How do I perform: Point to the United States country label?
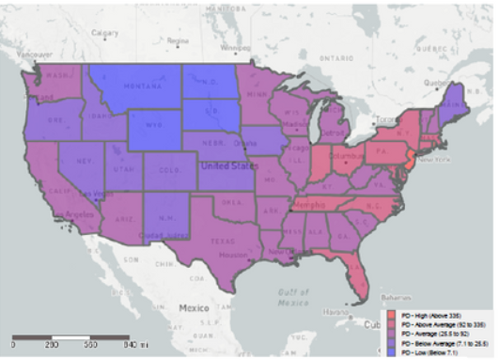pos(226,165)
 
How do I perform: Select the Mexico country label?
pos(199,307)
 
